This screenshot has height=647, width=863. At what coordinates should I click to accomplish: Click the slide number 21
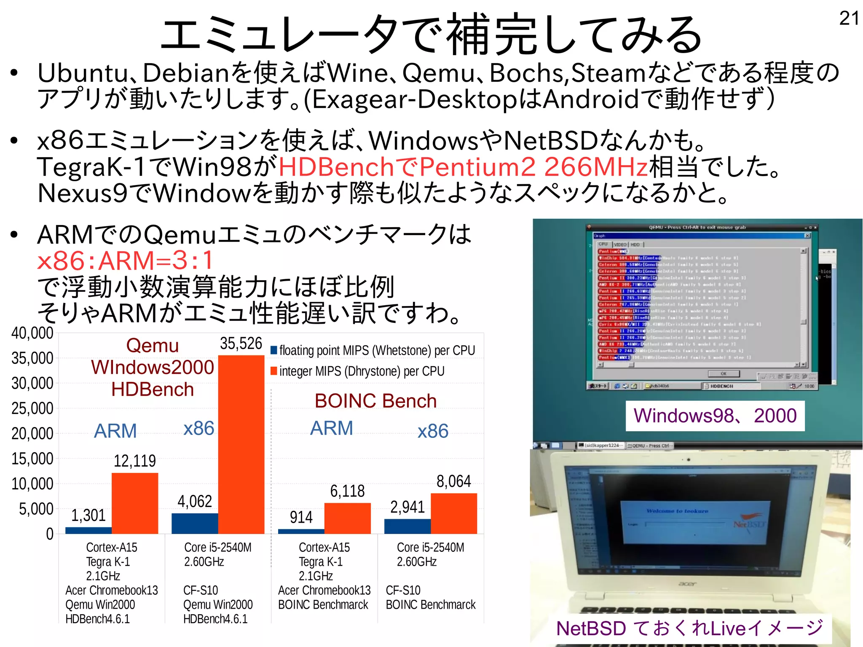pos(849,18)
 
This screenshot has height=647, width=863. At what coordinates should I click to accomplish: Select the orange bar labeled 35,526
pos(241,444)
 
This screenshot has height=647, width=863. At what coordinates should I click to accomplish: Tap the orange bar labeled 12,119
pos(135,503)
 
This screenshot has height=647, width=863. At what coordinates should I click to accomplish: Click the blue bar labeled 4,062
pos(195,524)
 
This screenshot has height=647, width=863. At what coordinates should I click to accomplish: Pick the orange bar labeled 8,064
pos(454,513)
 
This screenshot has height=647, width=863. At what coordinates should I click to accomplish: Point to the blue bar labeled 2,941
pos(407,526)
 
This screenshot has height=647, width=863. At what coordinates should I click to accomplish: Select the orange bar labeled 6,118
pos(347,518)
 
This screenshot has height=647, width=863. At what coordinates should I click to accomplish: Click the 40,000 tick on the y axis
pos(32,333)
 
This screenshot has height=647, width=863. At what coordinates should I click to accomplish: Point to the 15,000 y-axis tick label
pos(32,459)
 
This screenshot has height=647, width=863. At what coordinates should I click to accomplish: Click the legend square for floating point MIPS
pos(274,350)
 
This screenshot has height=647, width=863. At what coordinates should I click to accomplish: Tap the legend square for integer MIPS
pos(274,371)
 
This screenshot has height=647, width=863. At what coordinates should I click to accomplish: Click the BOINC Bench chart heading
pos(375,400)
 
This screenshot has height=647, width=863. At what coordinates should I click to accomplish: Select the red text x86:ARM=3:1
pos(126,260)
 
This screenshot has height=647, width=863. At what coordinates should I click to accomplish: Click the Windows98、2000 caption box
pos(715,416)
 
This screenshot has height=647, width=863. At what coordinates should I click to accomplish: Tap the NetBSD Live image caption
pos(689,628)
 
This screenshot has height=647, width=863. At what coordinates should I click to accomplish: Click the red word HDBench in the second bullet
pos(336,166)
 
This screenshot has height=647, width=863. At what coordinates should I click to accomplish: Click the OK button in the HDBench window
pos(724,373)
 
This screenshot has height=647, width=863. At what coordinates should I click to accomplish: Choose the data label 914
pos(301,517)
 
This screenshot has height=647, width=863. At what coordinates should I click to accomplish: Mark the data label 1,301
pos(88,515)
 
